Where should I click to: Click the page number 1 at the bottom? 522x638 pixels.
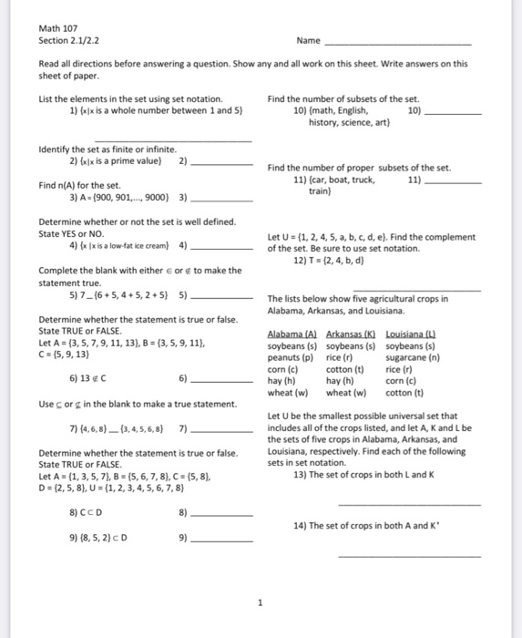[x=260, y=602]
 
